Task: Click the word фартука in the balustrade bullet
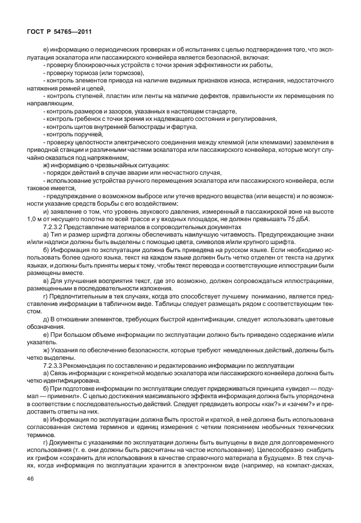point(189,125)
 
